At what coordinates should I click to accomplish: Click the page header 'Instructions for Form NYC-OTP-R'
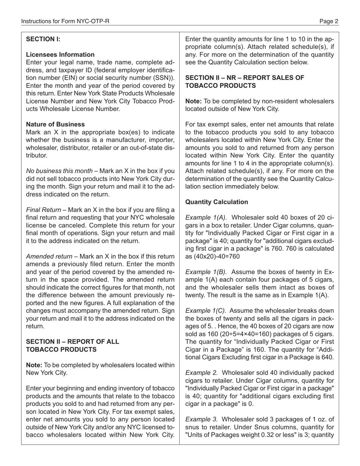[65, 22]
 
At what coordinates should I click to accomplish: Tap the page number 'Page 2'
[329, 22]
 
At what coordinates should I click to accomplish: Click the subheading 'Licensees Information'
[60, 55]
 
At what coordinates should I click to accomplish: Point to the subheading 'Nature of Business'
[55, 124]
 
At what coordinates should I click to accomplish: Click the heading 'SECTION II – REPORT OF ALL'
[72, 341]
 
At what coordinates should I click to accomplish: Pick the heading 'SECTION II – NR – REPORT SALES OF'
[244, 78]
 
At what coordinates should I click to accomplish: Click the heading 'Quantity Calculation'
[216, 202]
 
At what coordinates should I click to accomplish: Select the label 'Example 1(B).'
[206, 272]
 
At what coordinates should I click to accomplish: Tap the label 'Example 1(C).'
[206, 311]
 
